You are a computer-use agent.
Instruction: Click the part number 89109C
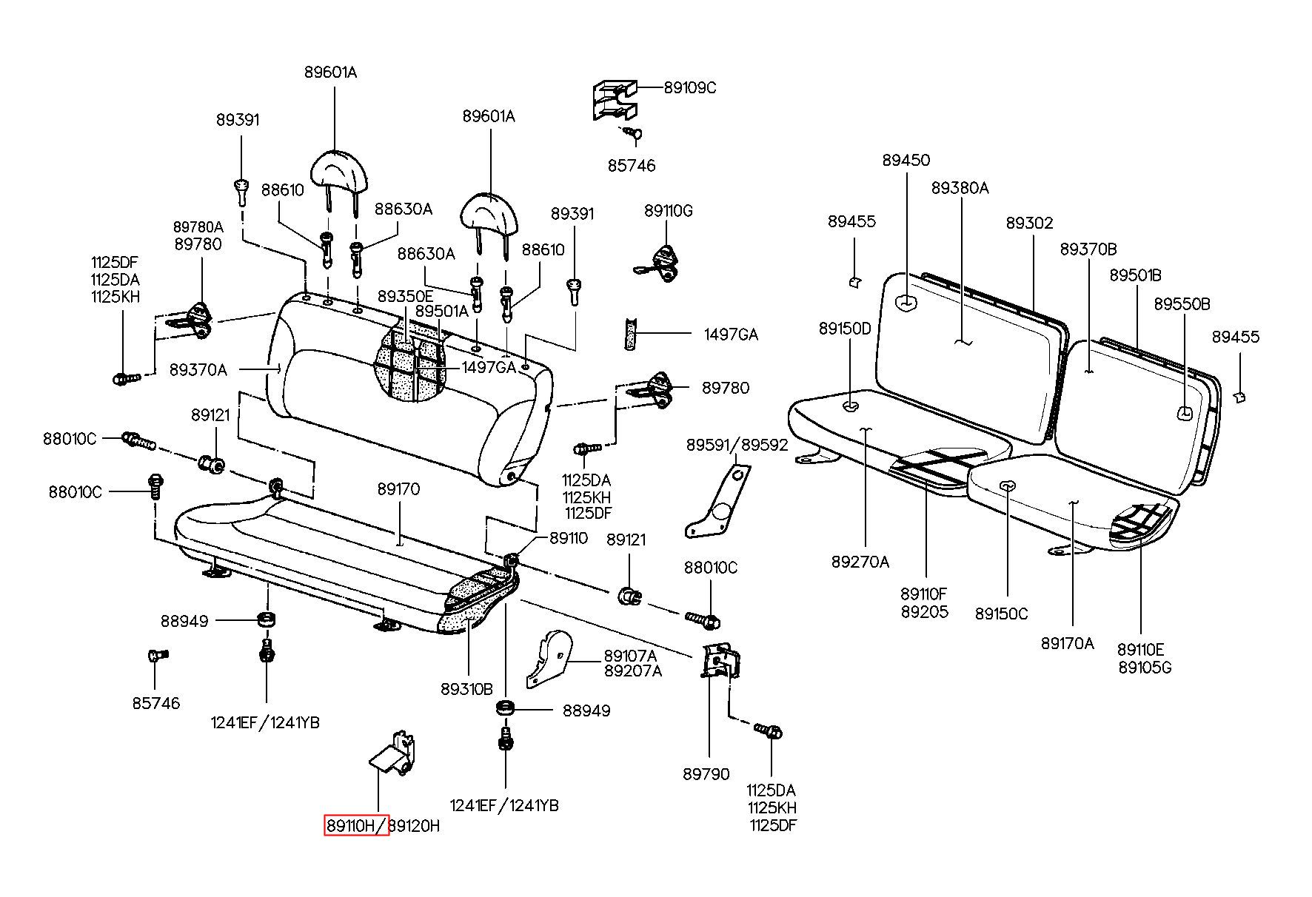(x=690, y=87)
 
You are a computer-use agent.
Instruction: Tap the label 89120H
(x=415, y=825)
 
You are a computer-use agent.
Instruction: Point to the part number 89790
(x=706, y=773)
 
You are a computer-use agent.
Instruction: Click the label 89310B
(x=466, y=689)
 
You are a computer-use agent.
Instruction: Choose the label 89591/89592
(x=737, y=445)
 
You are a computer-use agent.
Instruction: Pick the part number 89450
(x=906, y=160)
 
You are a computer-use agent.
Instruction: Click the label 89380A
(x=960, y=188)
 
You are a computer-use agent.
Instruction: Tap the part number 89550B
(x=1182, y=304)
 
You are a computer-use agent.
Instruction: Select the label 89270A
(x=860, y=562)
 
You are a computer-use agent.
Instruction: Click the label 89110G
(x=669, y=211)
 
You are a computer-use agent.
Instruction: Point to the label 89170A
(x=1067, y=643)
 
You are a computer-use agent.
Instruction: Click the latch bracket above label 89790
(x=720, y=661)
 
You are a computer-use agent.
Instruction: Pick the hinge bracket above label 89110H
(x=393, y=753)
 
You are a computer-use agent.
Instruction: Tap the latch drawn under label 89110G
(x=659, y=263)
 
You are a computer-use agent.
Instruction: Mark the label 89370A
(x=198, y=369)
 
